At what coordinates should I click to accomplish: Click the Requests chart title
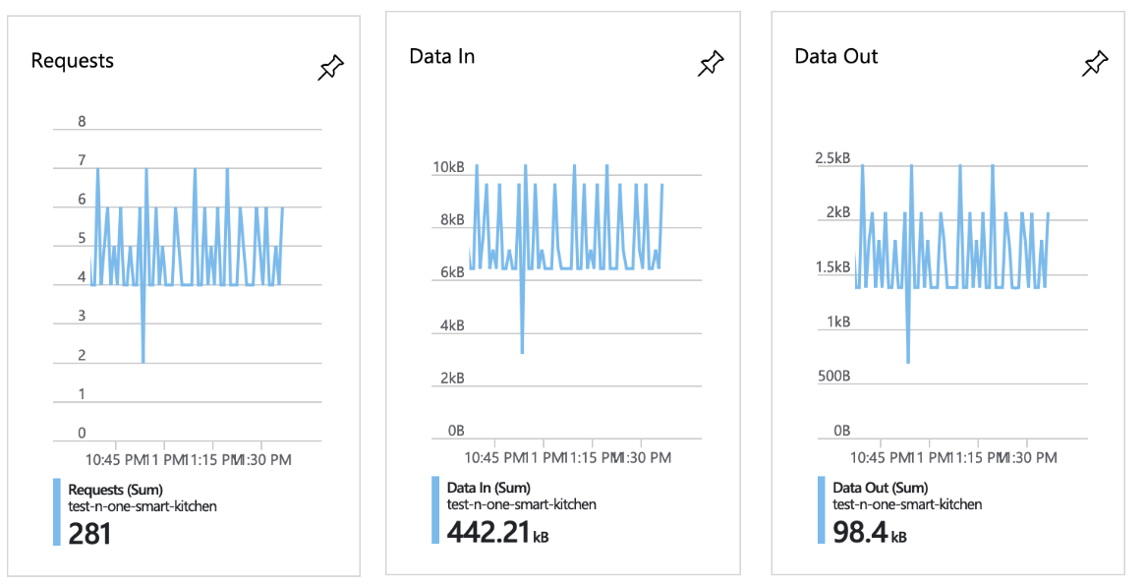(73, 61)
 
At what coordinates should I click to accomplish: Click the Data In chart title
(441, 56)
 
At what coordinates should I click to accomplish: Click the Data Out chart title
(835, 56)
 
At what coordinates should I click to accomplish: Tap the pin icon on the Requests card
(331, 68)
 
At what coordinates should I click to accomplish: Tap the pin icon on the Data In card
(711, 64)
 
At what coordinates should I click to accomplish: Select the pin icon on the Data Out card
(1095, 64)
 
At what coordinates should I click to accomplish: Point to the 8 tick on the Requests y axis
(83, 122)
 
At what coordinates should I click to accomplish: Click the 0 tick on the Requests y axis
(83, 433)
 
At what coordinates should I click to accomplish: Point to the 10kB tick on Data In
(448, 168)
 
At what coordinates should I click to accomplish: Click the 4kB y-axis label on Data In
(450, 325)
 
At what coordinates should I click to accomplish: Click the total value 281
(89, 534)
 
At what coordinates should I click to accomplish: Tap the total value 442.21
(487, 532)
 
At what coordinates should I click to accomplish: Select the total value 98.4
(860, 532)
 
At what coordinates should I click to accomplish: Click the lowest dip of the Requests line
(143, 362)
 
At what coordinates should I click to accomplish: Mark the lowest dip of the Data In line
(522, 352)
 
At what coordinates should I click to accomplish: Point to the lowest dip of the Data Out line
(908, 362)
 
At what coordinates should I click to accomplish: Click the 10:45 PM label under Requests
(116, 459)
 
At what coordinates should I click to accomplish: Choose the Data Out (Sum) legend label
(878, 488)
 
